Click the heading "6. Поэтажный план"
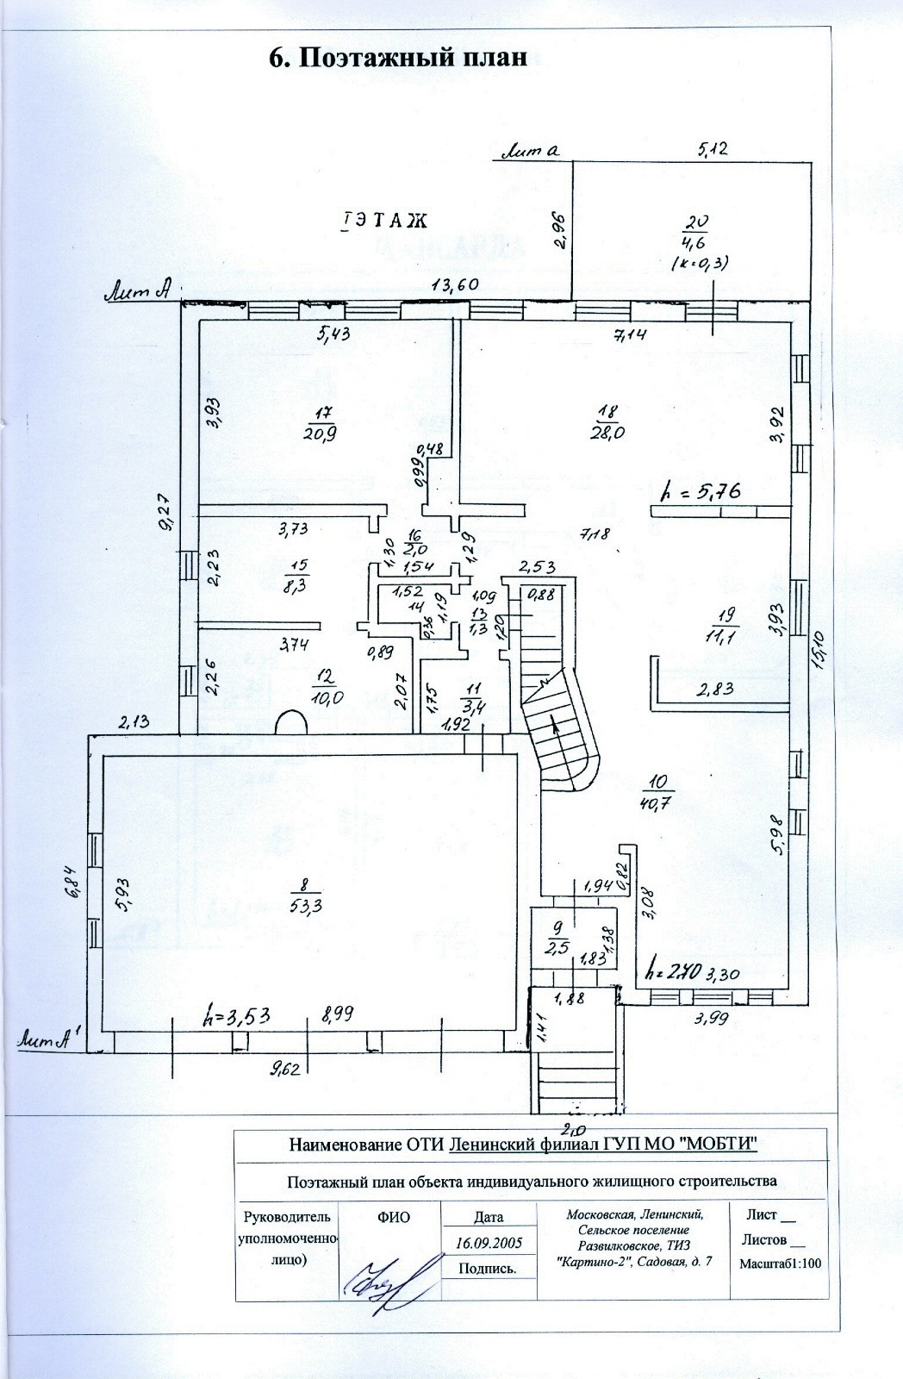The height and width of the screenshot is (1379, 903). [397, 58]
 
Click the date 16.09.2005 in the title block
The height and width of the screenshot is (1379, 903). [488, 1244]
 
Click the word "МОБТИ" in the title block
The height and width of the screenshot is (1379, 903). [715, 1144]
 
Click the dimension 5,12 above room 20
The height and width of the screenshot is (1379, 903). [713, 149]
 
